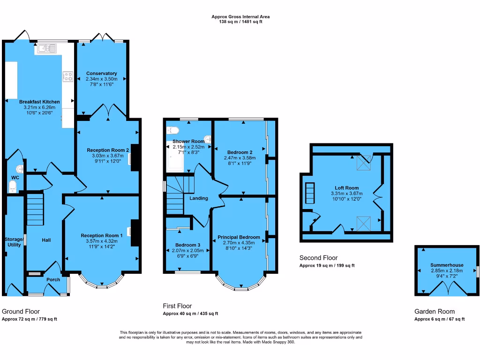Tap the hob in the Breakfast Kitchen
(x=68, y=76)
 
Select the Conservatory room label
(x=101, y=74)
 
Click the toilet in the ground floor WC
(x=13, y=187)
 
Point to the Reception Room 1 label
(x=102, y=235)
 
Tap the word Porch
(x=53, y=280)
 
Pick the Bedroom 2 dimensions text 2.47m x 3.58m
(x=240, y=158)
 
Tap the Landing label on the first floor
(x=199, y=198)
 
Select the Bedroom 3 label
(x=187, y=245)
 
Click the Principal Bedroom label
(x=239, y=238)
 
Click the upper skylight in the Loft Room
(x=363, y=163)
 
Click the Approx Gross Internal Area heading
(x=240, y=17)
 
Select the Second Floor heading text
(x=318, y=258)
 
